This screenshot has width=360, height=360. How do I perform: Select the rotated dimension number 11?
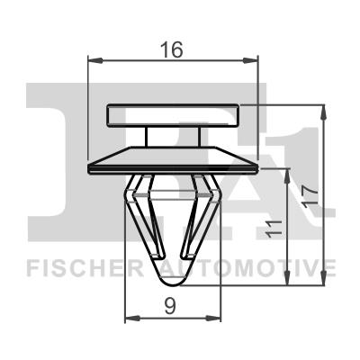click(274, 229)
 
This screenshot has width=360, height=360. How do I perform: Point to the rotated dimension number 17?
click(310, 196)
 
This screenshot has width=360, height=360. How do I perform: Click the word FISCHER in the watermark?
click(85, 268)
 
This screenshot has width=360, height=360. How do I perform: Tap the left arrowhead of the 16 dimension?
click(95, 61)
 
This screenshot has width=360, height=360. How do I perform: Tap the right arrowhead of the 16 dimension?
click(250, 61)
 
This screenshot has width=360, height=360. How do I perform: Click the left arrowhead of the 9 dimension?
click(132, 318)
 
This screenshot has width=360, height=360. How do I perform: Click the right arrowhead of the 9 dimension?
click(213, 318)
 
